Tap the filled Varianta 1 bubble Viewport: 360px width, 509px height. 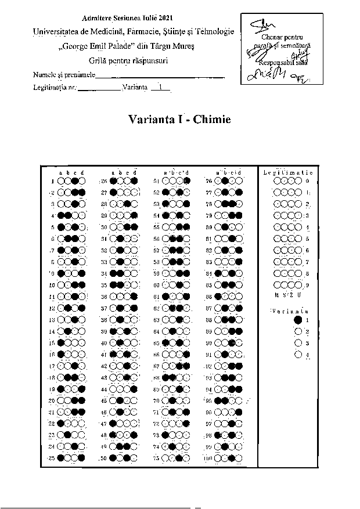[298, 320]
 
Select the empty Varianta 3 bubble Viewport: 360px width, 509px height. [298, 343]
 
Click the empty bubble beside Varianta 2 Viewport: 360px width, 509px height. [298, 331]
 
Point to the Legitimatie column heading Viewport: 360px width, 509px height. [288, 172]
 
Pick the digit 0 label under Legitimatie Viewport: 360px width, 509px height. [307, 181]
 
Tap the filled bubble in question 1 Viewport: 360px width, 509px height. [75, 181]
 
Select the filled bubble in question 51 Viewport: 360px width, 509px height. [187, 181]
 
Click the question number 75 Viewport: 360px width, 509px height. [156, 459]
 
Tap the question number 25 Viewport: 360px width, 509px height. [51, 459]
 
